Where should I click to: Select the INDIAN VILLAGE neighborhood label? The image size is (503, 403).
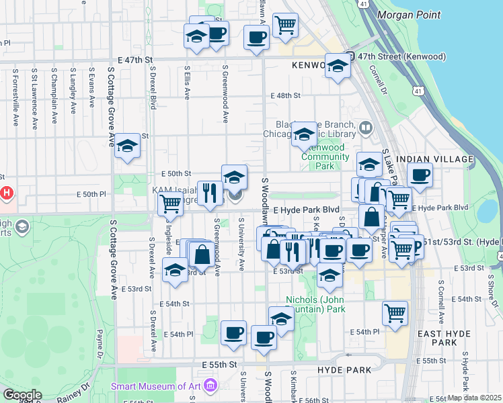pyautogui.click(x=432, y=159)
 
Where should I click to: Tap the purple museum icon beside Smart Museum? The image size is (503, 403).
pyautogui.click(x=210, y=386)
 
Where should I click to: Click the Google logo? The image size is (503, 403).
pyautogui.click(x=22, y=395)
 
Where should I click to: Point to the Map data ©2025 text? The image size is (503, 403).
pyautogui.click(x=475, y=398)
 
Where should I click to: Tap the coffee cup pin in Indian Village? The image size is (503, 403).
pyautogui.click(x=420, y=175)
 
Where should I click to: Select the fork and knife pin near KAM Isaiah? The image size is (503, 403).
pyautogui.click(x=210, y=193)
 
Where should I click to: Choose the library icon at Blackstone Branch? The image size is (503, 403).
pyautogui.click(x=366, y=127)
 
